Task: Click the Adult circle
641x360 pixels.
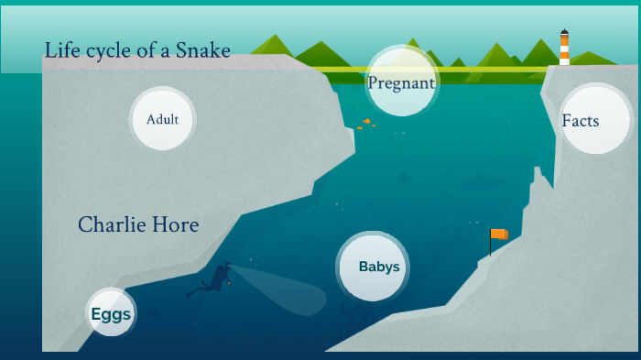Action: pos(162,118)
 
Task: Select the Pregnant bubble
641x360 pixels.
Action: pos(401,82)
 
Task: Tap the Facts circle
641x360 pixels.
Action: pos(595,120)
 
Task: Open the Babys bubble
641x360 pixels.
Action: pos(373,267)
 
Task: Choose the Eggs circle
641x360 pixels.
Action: pos(111,314)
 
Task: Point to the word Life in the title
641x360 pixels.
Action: pos(60,50)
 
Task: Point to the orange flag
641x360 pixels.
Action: pos(499,235)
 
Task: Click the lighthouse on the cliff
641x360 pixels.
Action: pos(565,49)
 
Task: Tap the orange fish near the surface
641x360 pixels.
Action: pos(366,122)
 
